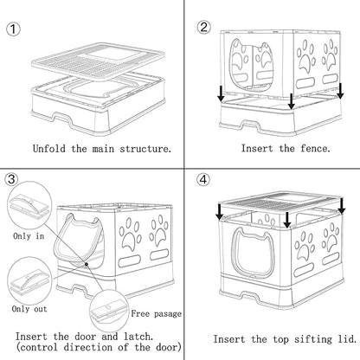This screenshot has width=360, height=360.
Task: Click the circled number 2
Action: [x=204, y=26]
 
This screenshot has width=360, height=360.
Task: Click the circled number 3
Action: [x=12, y=180]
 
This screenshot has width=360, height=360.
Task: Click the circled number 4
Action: [x=203, y=180]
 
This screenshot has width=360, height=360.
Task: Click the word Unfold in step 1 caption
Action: [x=48, y=148]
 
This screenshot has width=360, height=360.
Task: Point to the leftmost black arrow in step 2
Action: [x=222, y=93]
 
